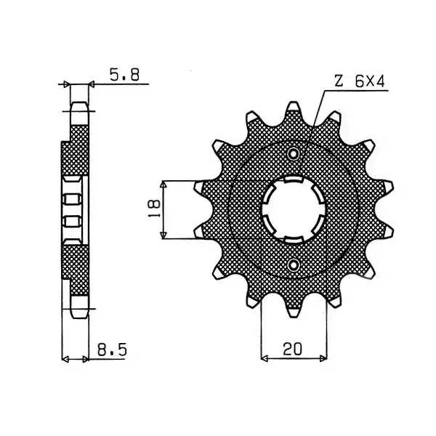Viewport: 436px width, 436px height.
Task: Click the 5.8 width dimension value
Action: click(x=124, y=75)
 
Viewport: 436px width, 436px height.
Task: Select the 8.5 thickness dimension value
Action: click(x=112, y=350)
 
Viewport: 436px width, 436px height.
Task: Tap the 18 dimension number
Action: click(x=153, y=208)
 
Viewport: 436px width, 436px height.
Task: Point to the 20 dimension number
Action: click(x=292, y=349)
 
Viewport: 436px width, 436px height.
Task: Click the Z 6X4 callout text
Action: click(x=360, y=81)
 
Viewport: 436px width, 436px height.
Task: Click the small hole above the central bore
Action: click(x=293, y=153)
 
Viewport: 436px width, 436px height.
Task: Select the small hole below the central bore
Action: click(x=293, y=265)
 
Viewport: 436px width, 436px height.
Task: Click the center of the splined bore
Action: click(x=294, y=209)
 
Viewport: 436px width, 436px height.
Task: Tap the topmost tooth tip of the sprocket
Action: click(x=294, y=107)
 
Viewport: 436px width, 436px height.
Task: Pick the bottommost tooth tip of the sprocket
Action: click(x=294, y=312)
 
